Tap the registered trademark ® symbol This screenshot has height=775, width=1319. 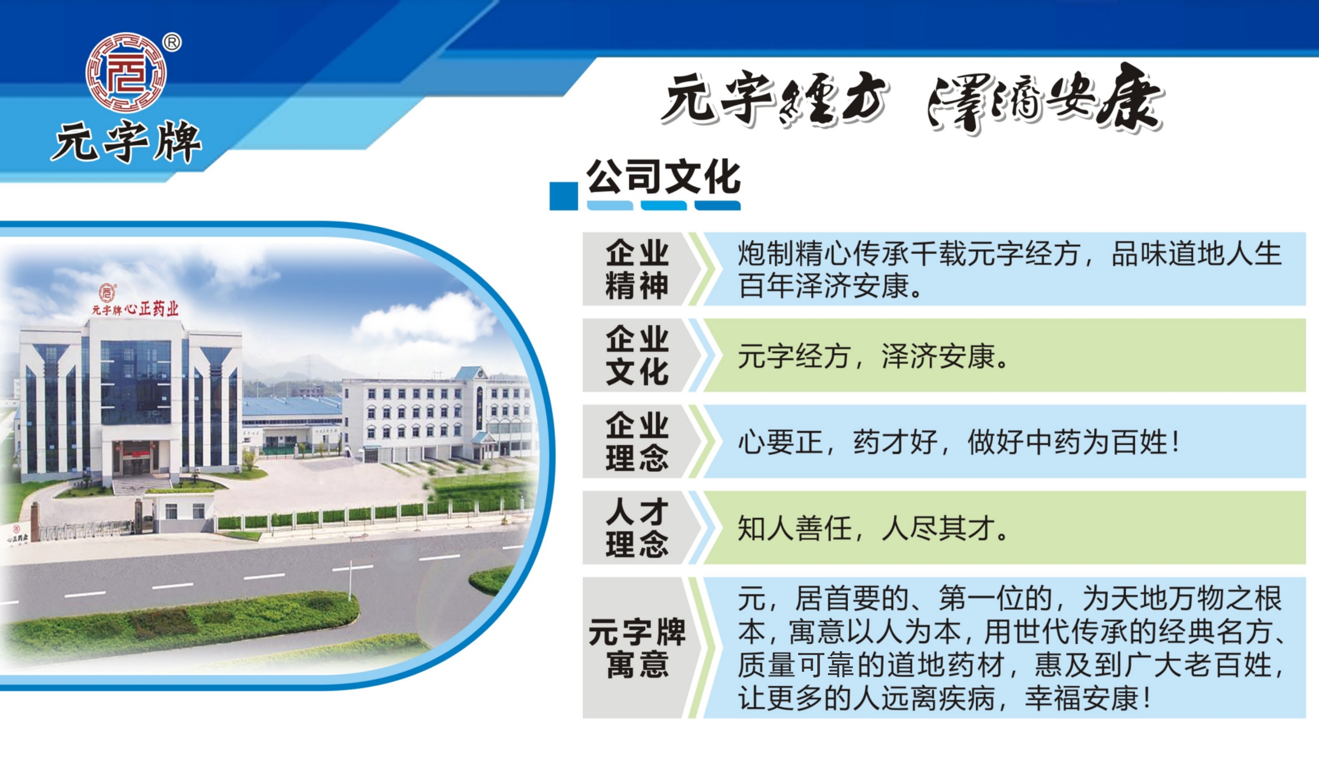click(172, 42)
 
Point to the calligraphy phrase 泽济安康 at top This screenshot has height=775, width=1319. click(1045, 100)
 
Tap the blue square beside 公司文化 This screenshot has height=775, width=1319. click(564, 196)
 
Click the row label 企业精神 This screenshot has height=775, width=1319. click(637, 270)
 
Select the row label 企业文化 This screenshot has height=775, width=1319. click(637, 355)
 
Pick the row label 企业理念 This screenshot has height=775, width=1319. click(637, 441)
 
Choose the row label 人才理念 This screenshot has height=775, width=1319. click(637, 527)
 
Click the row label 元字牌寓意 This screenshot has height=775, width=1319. click(637, 648)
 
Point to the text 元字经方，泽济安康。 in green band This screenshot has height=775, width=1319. click(873, 356)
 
